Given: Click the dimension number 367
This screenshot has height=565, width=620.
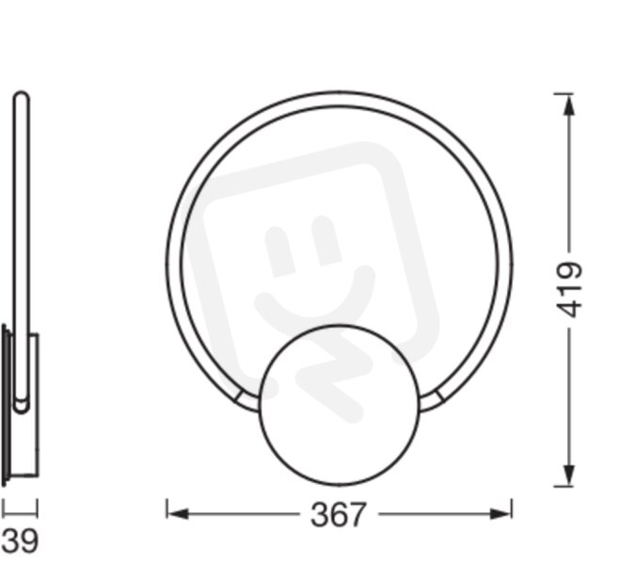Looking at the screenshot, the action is pos(338,515).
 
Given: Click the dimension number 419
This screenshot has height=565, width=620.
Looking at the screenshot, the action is pos(569,289).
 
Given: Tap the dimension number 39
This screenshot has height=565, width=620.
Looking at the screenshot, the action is pos(20,541).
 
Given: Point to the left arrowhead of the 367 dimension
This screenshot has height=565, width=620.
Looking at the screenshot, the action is pos(178,514).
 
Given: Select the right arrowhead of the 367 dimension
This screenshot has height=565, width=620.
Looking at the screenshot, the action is pos(501,514).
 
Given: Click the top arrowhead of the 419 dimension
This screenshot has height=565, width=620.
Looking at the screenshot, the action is pos(568,105).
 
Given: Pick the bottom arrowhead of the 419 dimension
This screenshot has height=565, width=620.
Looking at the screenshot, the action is pos(568,476).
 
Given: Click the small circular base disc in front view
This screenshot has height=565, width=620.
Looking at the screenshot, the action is pos(340,405).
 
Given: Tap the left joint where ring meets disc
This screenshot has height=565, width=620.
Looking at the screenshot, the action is pos(248,400).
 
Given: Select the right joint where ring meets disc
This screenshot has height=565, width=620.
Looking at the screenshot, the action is pos(431,400).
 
